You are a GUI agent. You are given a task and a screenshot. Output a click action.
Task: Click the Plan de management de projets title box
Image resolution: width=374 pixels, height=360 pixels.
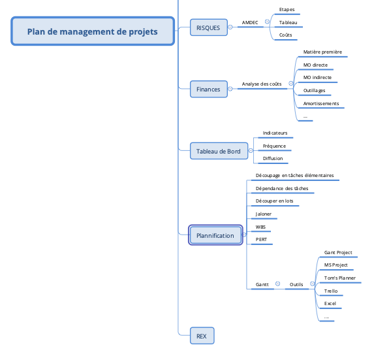pos(93,31)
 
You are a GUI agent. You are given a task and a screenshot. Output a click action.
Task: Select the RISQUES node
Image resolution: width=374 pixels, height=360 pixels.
pos(209,27)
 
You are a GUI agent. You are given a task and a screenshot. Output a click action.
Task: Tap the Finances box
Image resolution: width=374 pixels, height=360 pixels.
pos(209,89)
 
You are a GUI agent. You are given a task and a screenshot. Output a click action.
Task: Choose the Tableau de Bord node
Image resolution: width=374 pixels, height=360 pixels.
pos(219,151)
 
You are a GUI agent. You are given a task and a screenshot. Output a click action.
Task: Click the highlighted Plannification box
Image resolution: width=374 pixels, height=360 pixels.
pos(215,235)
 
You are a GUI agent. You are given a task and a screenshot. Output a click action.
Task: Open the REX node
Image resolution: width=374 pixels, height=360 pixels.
pos(202,336)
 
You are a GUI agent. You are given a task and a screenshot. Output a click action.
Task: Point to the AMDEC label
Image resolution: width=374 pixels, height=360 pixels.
pos(250,23)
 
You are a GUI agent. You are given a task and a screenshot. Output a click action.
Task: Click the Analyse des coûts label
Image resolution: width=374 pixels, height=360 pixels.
pos(262,84)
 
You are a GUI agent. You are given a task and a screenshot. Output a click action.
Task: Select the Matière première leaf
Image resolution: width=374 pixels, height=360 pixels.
pos(322,52)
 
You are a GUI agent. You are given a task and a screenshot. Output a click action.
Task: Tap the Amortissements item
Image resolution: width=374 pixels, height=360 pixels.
pos(321,104)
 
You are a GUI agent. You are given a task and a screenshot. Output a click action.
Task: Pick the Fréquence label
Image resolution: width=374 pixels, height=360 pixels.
pos(274,146)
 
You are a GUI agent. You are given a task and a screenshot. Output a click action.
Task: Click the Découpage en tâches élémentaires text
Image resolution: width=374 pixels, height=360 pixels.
pos(294,176)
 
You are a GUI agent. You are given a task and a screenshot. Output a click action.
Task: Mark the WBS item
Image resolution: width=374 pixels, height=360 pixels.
pos(260,227)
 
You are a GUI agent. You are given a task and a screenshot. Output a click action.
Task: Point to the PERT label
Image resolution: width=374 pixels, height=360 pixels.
pos(261,239)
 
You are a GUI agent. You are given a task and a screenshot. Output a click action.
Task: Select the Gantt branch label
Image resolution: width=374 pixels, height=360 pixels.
pos(262,285)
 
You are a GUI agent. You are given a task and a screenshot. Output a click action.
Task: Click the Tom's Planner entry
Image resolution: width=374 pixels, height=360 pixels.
pos(339,278)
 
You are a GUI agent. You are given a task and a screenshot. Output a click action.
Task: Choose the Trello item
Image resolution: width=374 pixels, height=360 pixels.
pos(331,291)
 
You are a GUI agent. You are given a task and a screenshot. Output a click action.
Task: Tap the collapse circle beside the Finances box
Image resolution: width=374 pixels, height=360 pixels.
pos(230,89)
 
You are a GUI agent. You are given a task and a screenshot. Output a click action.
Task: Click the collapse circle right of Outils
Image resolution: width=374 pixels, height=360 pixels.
pos(312,284)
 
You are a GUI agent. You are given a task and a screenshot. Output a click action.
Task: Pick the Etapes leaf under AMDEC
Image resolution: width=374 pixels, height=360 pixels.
pos(287,10)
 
